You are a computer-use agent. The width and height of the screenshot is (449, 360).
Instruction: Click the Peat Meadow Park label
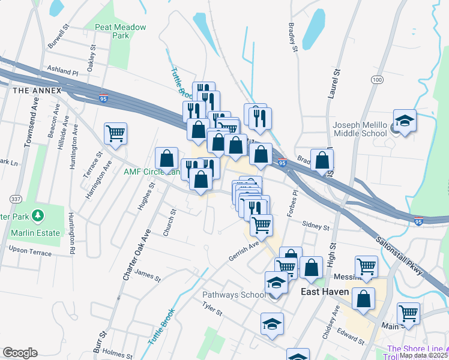point(113,31)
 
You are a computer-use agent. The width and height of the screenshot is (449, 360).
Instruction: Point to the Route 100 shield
point(377,80)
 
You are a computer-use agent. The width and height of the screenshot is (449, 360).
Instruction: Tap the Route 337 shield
point(15,199)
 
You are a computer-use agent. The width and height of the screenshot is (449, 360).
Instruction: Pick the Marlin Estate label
point(35,233)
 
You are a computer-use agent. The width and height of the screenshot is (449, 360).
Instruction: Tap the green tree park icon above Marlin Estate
point(38,215)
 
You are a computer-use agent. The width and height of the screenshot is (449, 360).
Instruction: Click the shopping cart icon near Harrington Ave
point(115,134)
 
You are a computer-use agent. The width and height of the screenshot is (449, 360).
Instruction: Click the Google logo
point(20,353)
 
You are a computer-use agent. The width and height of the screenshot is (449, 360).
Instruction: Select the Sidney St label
point(316,227)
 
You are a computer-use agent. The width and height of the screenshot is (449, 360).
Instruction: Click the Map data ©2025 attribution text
point(423,355)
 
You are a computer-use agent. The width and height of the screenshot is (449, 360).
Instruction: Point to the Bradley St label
point(294,38)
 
